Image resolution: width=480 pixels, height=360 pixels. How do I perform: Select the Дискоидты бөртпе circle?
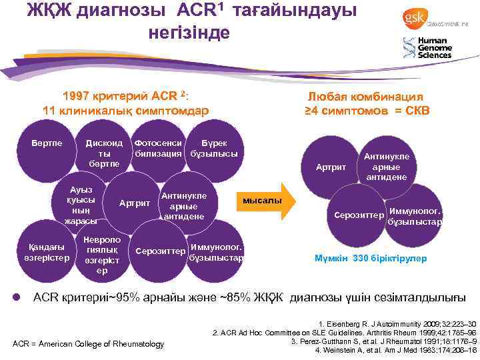101,153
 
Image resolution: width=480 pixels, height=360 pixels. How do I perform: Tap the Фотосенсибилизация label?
157,149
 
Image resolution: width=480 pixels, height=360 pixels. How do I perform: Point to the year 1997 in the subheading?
76,95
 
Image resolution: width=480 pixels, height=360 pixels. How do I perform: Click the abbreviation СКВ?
415,110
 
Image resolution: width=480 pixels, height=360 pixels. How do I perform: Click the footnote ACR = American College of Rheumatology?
88,343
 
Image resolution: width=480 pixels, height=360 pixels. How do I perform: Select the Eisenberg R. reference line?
397,323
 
